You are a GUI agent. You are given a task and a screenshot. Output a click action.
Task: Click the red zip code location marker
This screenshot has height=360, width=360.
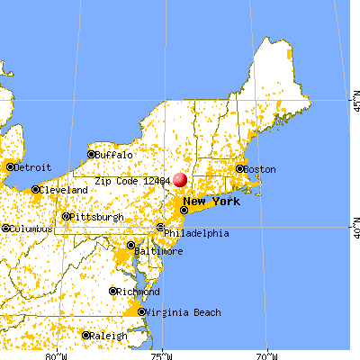(x=180, y=180)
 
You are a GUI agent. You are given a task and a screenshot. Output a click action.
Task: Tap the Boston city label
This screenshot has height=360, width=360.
(x=260, y=168)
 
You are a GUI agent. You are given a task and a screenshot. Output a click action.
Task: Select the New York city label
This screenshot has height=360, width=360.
(x=211, y=201)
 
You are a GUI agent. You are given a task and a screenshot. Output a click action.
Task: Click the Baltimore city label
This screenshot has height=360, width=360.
(x=158, y=251)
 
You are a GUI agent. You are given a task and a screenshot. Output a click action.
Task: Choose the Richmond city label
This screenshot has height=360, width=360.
(x=139, y=292)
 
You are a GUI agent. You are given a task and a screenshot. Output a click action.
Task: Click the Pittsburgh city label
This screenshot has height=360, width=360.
(x=96, y=216)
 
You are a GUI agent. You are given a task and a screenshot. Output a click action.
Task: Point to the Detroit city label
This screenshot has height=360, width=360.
(x=32, y=166)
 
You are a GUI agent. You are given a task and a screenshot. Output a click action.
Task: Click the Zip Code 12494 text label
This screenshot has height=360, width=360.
(x=135, y=180)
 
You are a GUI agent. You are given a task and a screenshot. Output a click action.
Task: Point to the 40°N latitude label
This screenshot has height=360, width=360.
(x=354, y=222)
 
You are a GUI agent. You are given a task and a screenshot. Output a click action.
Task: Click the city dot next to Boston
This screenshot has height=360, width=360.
(x=240, y=168)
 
